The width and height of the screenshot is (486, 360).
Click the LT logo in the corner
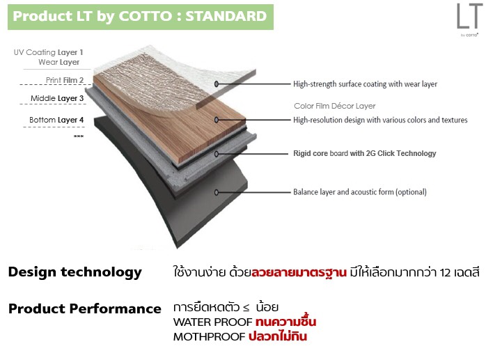point(469,19)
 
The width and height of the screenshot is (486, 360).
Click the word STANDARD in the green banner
point(226,16)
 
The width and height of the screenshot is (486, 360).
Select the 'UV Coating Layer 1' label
point(48,52)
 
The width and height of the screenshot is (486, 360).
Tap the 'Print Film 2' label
point(65,80)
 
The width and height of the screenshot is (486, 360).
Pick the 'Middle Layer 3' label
point(57,98)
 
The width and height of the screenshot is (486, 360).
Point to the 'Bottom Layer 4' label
point(56,120)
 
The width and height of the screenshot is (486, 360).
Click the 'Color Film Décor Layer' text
point(334,106)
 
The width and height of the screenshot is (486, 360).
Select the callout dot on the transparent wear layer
point(217,84)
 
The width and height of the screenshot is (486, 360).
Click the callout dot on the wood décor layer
point(217,120)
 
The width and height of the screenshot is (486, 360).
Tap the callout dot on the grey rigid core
point(217,153)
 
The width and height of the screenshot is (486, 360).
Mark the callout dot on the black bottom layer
point(217,192)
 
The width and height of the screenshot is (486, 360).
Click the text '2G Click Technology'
point(401,153)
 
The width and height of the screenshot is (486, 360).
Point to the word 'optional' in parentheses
point(411,192)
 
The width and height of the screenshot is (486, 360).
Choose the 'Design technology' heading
point(75,272)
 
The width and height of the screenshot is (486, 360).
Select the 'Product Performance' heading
point(85,308)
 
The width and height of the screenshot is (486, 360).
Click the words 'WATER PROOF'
point(213,322)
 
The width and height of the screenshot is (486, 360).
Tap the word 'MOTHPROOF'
point(209,337)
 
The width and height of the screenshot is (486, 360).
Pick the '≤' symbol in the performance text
point(246,308)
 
